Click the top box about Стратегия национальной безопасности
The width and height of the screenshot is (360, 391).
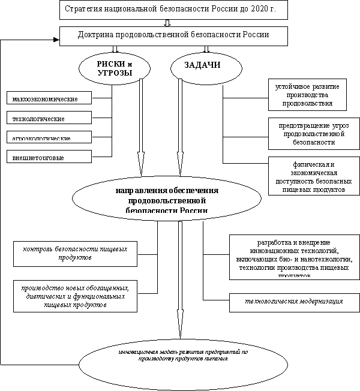pyautogui.click(x=173, y=10)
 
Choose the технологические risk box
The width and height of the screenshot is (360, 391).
pyautogui.click(x=49, y=118)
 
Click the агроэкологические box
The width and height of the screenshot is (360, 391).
pyautogui.click(x=49, y=137)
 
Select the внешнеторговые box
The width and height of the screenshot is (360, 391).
pyautogui.click(x=49, y=157)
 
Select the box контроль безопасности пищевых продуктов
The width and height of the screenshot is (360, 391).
pyautogui.click(x=75, y=252)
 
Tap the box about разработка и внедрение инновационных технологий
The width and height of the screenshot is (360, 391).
pyautogui.click(x=294, y=257)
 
